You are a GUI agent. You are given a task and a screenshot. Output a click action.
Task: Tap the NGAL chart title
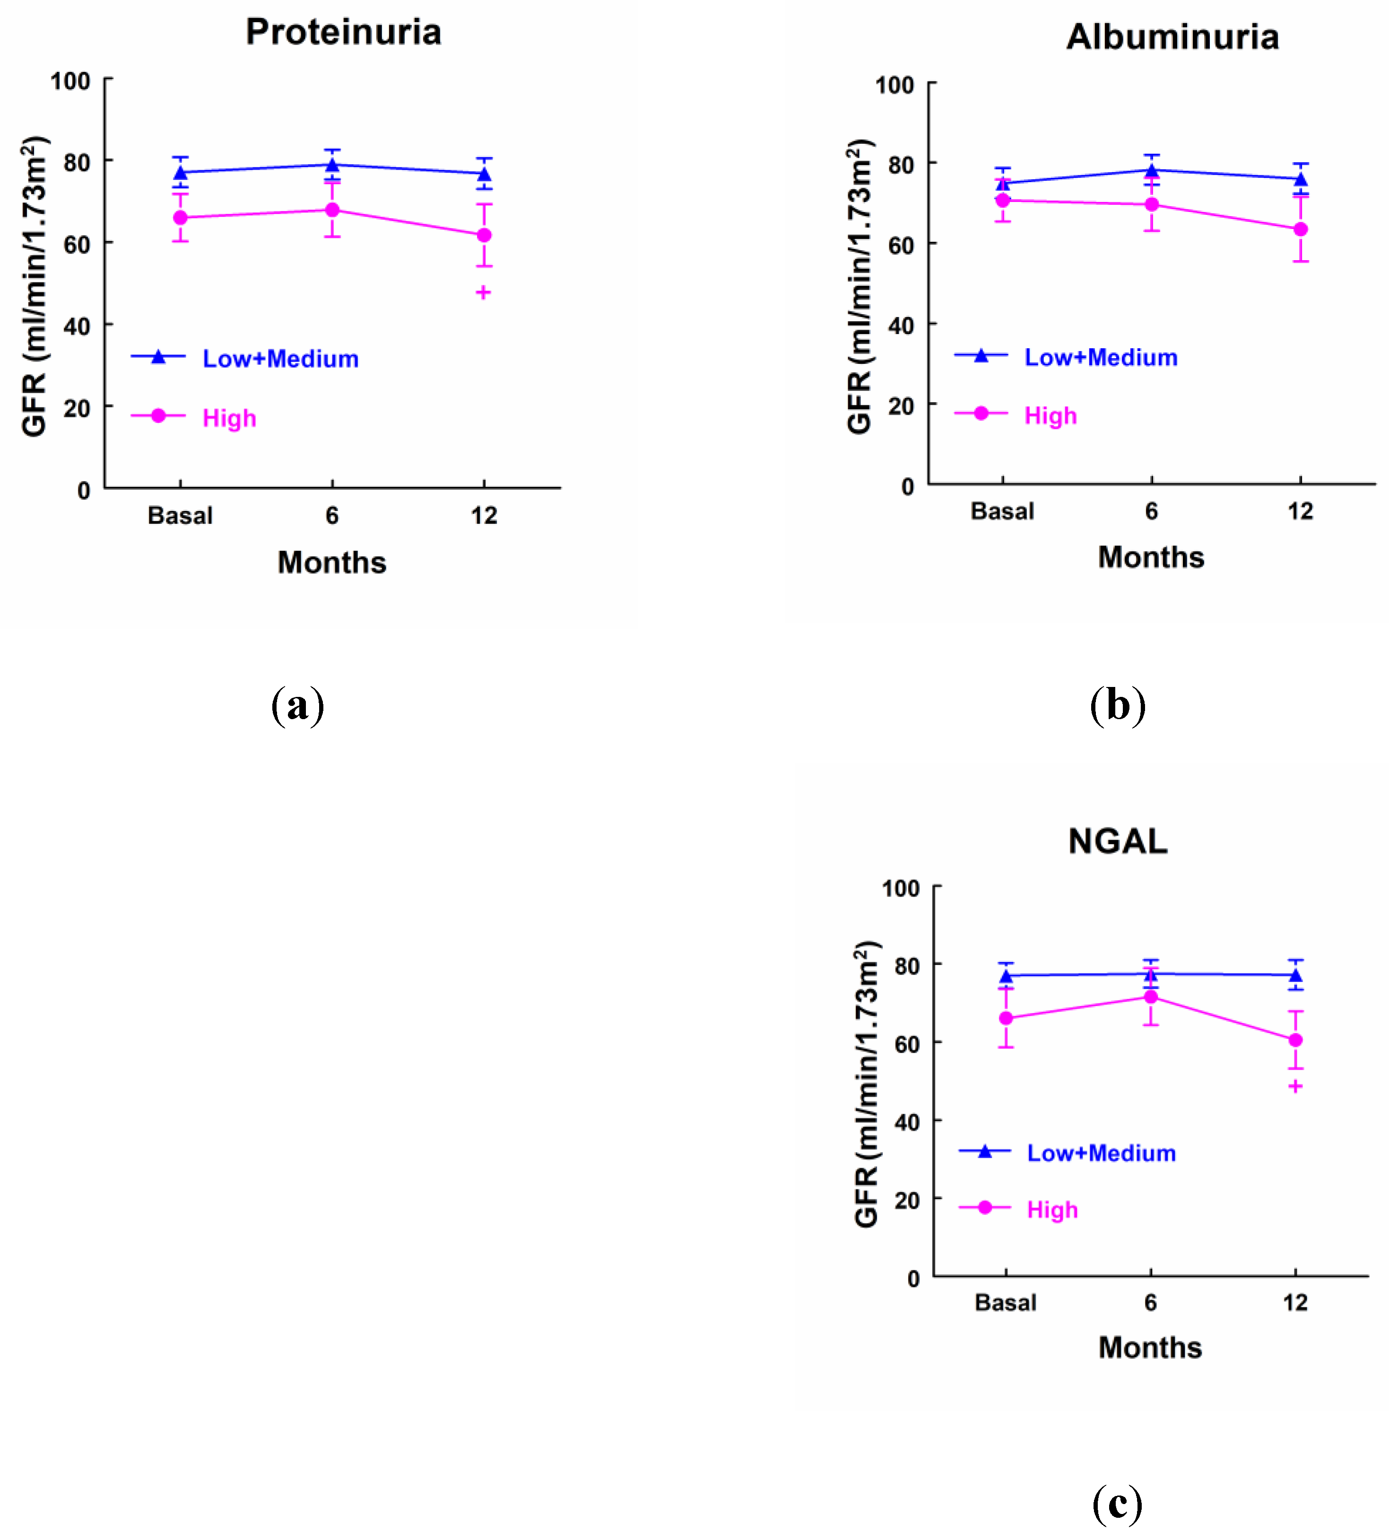click(1117, 842)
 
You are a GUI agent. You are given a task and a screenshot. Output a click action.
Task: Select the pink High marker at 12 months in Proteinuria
click(484, 236)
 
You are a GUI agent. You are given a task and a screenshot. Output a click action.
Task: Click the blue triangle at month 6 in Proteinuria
click(332, 165)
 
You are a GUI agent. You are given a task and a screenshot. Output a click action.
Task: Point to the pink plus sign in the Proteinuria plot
click(483, 292)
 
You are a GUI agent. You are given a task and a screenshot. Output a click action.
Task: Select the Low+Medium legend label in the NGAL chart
click(1101, 1153)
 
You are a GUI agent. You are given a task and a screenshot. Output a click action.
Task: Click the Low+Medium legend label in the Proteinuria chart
click(280, 359)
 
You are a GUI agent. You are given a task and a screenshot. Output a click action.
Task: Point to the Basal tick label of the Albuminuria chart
click(1001, 511)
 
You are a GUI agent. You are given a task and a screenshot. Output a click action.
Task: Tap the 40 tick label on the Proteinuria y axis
click(77, 326)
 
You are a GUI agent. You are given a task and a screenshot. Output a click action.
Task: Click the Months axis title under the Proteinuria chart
click(332, 563)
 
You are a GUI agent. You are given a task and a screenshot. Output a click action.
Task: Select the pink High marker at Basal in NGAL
click(1005, 1019)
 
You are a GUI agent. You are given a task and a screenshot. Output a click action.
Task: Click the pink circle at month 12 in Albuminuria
click(1300, 229)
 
